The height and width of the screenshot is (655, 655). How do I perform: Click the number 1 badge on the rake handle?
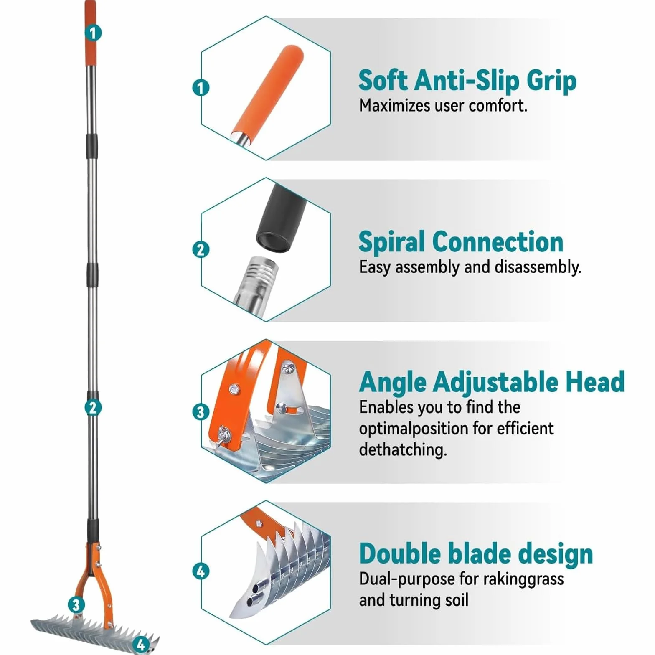(x=93, y=33)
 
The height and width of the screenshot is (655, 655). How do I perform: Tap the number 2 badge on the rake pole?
(x=93, y=408)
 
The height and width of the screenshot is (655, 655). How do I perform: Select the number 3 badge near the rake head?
(x=76, y=604)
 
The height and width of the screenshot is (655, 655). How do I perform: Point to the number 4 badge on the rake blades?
(x=141, y=644)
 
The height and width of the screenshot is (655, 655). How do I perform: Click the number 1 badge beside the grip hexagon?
(x=201, y=88)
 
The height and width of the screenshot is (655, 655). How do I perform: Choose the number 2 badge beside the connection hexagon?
(x=201, y=249)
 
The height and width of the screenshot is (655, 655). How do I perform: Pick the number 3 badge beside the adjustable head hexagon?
(x=201, y=411)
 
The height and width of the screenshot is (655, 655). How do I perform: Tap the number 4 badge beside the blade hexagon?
(x=201, y=571)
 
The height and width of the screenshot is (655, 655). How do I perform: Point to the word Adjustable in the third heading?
(x=495, y=382)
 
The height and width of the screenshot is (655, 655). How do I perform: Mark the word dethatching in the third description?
(x=403, y=449)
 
